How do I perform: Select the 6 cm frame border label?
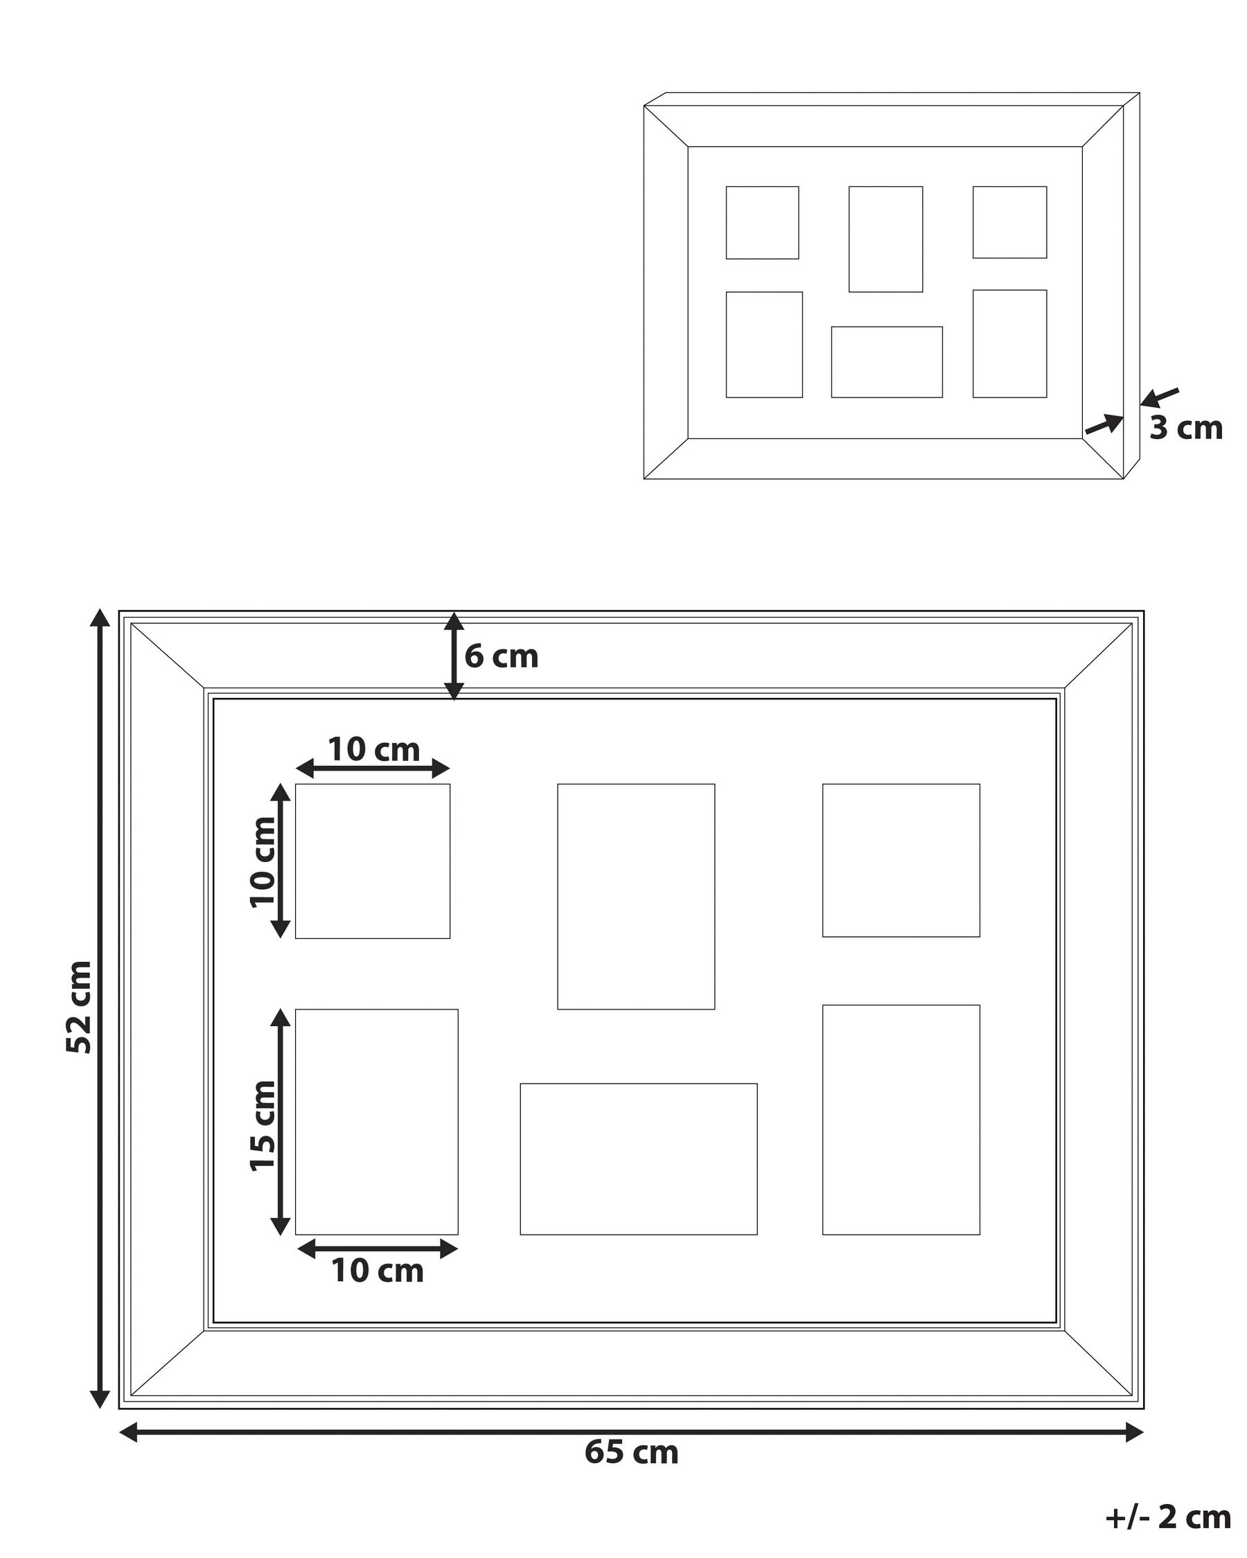pos(501,656)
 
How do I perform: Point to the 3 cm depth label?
pos(1185,428)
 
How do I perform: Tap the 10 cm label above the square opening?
pos(373,749)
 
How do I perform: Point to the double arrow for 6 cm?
pos(453,656)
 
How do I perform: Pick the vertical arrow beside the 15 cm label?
pos(281,1122)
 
